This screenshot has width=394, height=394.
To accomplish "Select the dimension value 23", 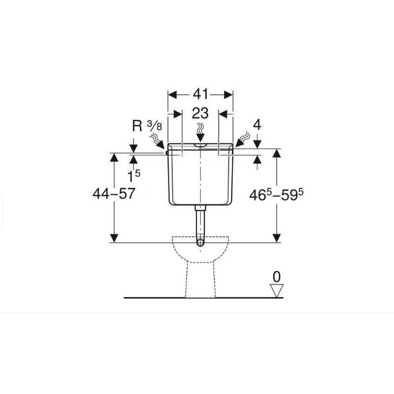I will click(x=200, y=114).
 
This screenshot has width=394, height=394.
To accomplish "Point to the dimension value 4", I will click(x=257, y=125).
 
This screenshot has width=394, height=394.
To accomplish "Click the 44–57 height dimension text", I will click(x=114, y=194).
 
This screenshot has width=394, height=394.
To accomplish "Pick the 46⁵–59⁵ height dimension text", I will click(x=276, y=195).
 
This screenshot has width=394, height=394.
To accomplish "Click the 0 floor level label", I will click(x=277, y=276).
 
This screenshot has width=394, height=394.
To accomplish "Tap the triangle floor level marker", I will click(x=277, y=291).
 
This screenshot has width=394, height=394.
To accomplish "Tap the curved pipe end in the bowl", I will click(x=200, y=242).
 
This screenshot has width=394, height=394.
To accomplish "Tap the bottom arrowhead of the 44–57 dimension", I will click(x=114, y=238).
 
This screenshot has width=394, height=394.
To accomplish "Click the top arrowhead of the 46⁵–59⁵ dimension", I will click(x=276, y=153).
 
